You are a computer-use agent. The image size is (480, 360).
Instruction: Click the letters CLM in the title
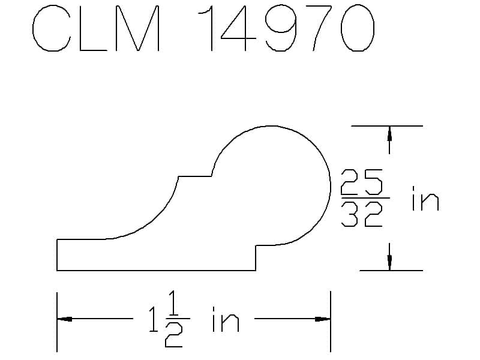[96, 28]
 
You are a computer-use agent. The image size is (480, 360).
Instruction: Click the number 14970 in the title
[286, 28]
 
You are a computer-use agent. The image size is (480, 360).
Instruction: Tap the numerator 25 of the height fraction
[362, 182]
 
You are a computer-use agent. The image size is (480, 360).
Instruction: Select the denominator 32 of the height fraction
[362, 214]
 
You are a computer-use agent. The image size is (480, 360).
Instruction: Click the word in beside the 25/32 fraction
[425, 199]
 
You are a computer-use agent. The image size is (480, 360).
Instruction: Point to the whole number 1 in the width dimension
[154, 320]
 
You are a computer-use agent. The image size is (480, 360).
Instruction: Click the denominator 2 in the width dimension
[174, 335]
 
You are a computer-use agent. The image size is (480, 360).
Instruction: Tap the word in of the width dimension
[226, 319]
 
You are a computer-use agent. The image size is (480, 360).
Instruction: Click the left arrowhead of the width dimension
[65, 319]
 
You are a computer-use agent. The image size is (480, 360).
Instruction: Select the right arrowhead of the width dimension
[323, 319]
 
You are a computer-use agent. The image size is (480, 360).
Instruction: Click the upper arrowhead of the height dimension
[389, 133]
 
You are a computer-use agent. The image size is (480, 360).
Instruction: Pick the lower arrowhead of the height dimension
[389, 263]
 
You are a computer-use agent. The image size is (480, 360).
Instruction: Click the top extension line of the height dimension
[387, 126]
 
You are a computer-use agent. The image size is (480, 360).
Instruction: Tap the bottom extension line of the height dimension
[391, 271]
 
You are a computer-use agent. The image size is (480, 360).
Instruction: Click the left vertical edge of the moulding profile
[57, 254]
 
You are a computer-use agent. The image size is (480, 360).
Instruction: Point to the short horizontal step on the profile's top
[194, 176]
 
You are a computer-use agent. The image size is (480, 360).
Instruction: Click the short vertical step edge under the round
[256, 258]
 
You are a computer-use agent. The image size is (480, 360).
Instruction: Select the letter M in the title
[138, 28]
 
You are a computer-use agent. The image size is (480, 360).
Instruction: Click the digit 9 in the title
[281, 28]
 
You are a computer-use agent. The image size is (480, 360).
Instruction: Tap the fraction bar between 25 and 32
[365, 199]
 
